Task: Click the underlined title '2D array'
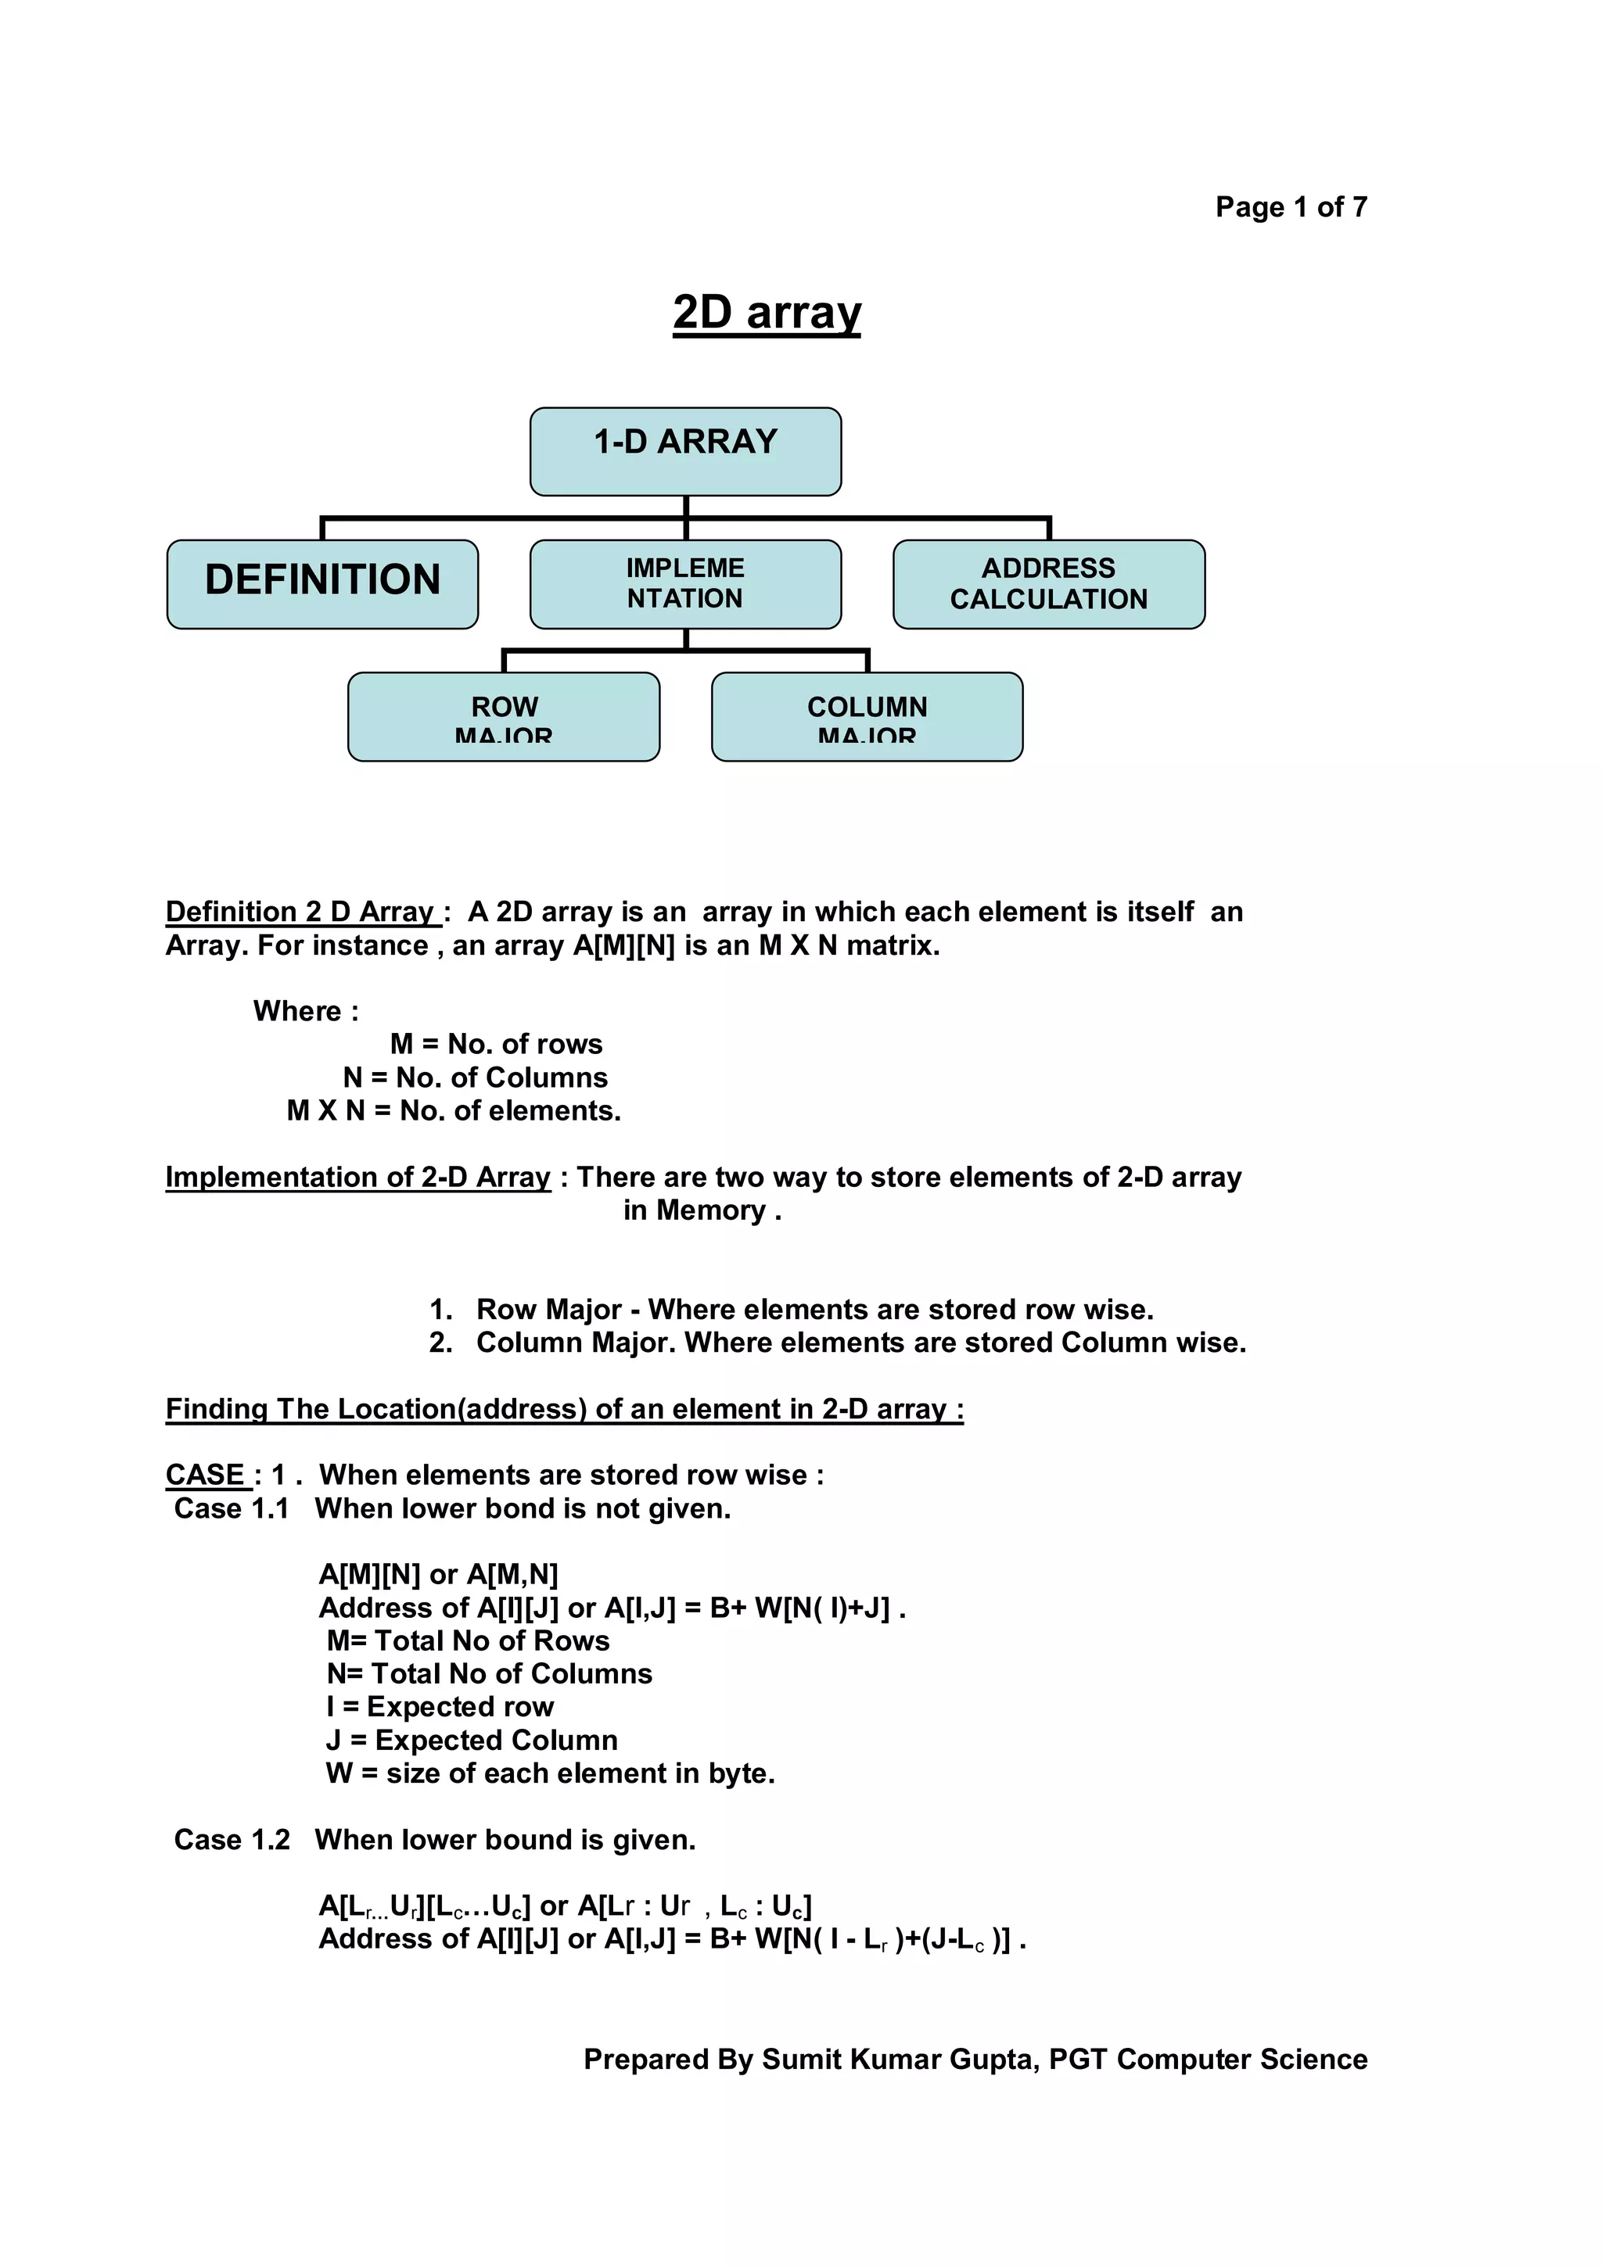766,313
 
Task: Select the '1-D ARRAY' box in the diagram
685,451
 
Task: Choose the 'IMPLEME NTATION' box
685,583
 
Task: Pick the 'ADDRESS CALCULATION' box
1048,583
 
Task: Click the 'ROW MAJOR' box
504,716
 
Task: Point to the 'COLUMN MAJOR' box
867,716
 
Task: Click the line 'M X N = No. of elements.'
453,1111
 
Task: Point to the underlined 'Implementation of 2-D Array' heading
357,1178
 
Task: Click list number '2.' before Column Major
440,1343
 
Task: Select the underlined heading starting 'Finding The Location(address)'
564,1409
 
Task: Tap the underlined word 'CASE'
205,1475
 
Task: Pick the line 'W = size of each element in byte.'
550,1773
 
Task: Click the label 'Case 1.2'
232,1840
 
